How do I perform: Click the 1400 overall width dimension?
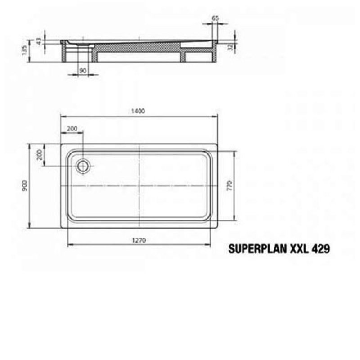[x=139, y=112]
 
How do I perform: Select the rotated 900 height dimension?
[x=25, y=185]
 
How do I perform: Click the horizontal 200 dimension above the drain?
[x=72, y=129]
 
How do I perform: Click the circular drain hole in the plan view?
[x=83, y=166]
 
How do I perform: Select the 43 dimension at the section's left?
[x=39, y=40]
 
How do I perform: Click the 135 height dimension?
[x=25, y=50]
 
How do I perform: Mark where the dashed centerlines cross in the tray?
[x=140, y=185]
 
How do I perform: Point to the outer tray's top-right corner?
[x=218, y=144]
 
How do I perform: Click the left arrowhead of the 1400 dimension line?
[x=62, y=117]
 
